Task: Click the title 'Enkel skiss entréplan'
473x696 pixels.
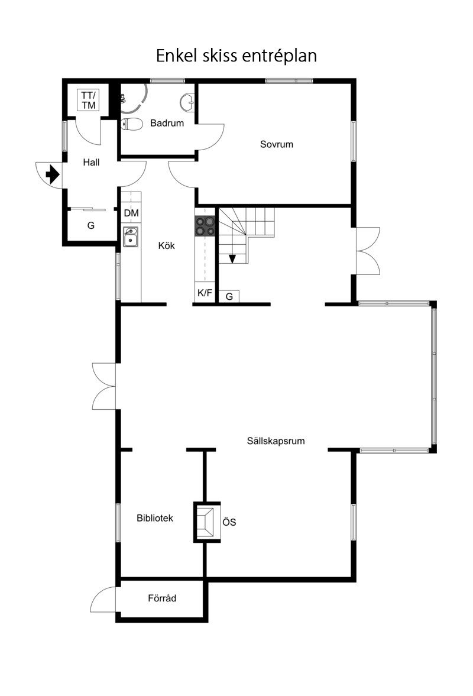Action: [x=237, y=56]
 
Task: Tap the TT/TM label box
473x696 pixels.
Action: [x=89, y=101]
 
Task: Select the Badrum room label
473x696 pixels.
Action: [x=167, y=124]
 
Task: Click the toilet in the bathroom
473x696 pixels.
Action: [x=131, y=124]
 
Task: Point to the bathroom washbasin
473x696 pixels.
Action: [x=187, y=102]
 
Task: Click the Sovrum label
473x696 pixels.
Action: [x=277, y=144]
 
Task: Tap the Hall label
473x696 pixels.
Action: [x=91, y=163]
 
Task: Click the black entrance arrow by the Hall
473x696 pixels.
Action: [x=53, y=174]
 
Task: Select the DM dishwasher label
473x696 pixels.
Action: [x=131, y=213]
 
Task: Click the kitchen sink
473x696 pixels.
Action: [x=131, y=237]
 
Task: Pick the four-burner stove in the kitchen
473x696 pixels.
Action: [x=205, y=226]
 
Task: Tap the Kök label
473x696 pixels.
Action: [x=166, y=245]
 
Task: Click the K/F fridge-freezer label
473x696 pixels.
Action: [x=205, y=293]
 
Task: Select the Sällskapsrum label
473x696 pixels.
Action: [x=276, y=441]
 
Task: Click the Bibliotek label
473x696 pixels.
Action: [x=155, y=518]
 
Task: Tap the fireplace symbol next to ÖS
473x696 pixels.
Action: [x=207, y=522]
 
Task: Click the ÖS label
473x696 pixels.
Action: [x=229, y=522]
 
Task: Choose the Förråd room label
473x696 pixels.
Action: [x=162, y=598]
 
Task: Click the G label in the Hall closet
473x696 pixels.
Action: [x=91, y=225]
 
